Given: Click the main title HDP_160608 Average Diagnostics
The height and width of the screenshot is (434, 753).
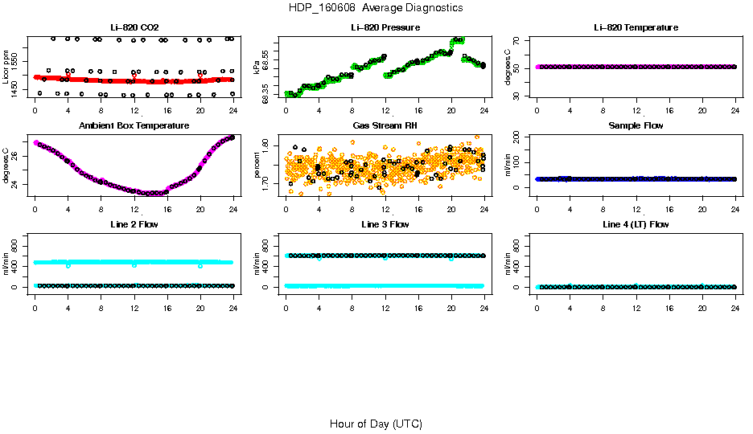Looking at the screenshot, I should tap(376, 8).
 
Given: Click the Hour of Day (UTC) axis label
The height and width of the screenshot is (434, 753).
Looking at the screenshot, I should tap(376, 424).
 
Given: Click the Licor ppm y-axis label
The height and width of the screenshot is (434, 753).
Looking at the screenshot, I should tap(6, 67).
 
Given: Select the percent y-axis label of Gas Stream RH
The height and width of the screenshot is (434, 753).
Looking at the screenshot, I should tap(257, 165).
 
